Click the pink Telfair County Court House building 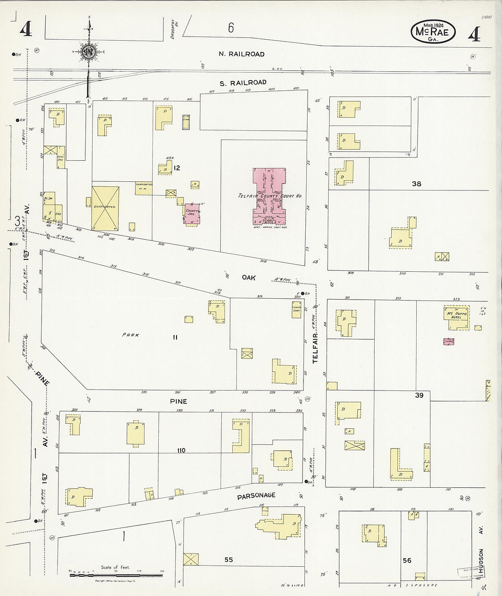269,196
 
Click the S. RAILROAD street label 248,82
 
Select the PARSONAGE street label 256,495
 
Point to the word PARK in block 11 131,335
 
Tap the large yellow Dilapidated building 105,207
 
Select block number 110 182,451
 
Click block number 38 416,184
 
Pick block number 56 407,560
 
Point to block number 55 229,559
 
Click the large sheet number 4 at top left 26,30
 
